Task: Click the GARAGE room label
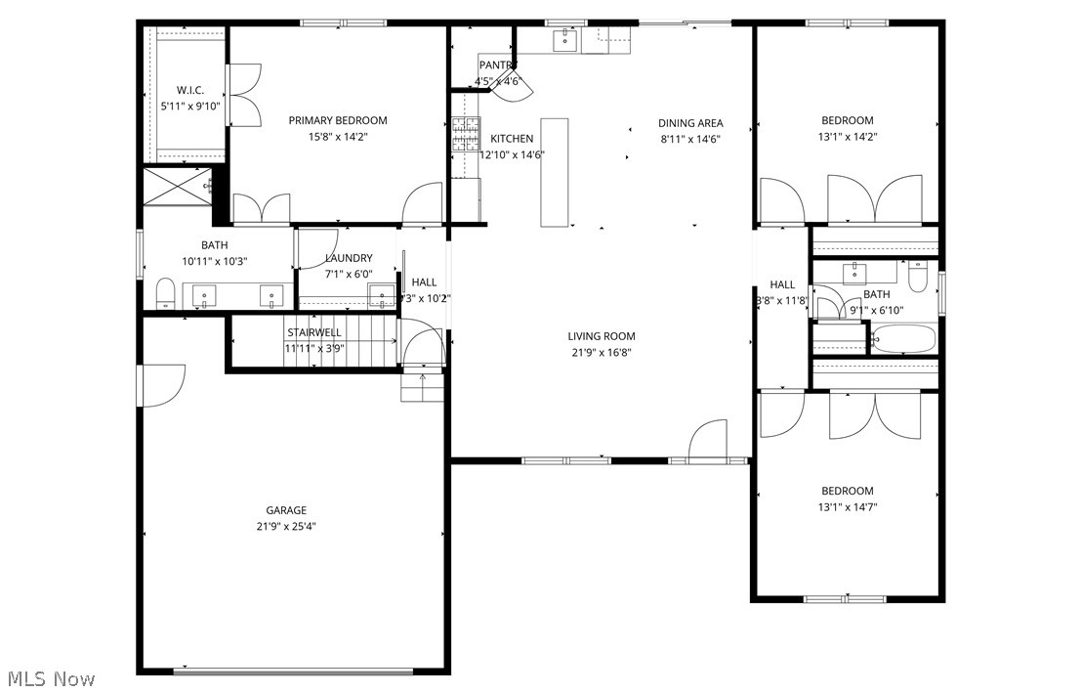[x=286, y=510]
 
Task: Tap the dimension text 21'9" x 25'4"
[x=286, y=526]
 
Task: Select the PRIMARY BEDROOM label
[x=338, y=120]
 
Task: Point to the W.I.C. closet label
[x=189, y=90]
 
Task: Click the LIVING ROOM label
[x=602, y=336]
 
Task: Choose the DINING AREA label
[x=690, y=123]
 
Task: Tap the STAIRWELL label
[x=313, y=332]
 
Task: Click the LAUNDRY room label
[x=349, y=258]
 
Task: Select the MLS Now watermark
[x=51, y=677]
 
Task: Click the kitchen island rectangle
[x=555, y=172]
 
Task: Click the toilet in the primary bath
[x=165, y=292]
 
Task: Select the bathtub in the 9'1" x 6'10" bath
[x=902, y=339]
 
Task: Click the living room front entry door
[x=707, y=442]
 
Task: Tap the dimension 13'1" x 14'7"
[x=847, y=506]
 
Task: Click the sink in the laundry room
[x=380, y=295]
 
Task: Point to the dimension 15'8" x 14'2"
[x=338, y=137]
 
